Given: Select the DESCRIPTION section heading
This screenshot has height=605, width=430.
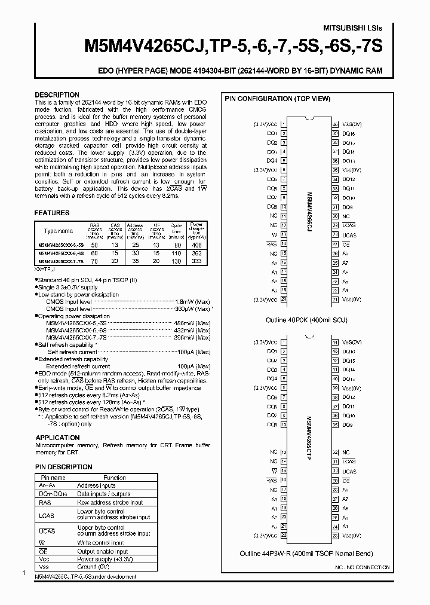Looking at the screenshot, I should click(57, 95).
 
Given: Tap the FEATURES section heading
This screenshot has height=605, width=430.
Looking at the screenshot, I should click(52, 213).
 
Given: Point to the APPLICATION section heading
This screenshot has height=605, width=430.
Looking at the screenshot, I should click(57, 438).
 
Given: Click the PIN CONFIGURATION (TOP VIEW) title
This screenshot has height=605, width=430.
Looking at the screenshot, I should click(277, 99).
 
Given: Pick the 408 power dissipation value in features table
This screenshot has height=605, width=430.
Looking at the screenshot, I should click(196, 245).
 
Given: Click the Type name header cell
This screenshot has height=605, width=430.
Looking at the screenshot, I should click(59, 231).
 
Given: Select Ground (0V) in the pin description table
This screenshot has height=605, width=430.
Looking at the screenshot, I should click(93, 566).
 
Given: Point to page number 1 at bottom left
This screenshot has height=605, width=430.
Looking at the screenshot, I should click(23, 574).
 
